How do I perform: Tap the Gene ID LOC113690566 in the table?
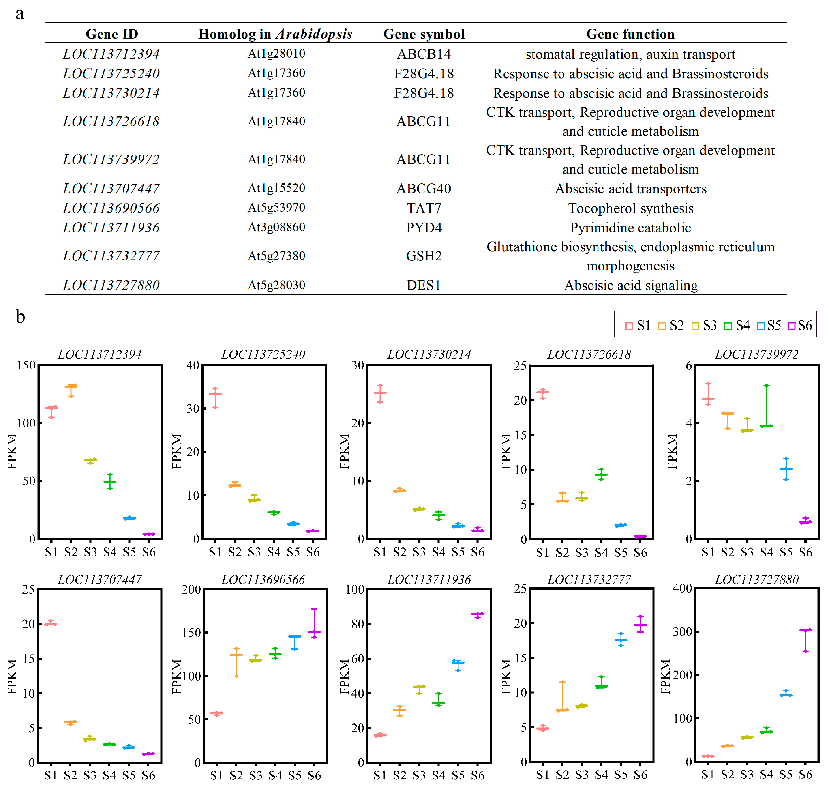(x=111, y=208)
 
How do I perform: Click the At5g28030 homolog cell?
(x=276, y=285)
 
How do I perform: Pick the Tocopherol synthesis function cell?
(x=630, y=208)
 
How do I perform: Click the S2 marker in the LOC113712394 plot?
(x=71, y=386)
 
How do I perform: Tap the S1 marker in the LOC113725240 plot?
(x=215, y=394)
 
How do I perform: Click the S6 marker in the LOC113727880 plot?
(x=805, y=630)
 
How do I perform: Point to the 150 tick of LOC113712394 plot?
(x=26, y=365)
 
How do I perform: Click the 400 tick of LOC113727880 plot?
(x=682, y=588)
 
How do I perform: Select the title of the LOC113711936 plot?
(x=429, y=580)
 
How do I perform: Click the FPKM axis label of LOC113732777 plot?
(x=506, y=676)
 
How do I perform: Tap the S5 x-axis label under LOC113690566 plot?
(x=294, y=775)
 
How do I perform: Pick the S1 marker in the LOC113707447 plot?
(x=51, y=624)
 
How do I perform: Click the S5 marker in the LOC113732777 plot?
(x=621, y=640)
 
